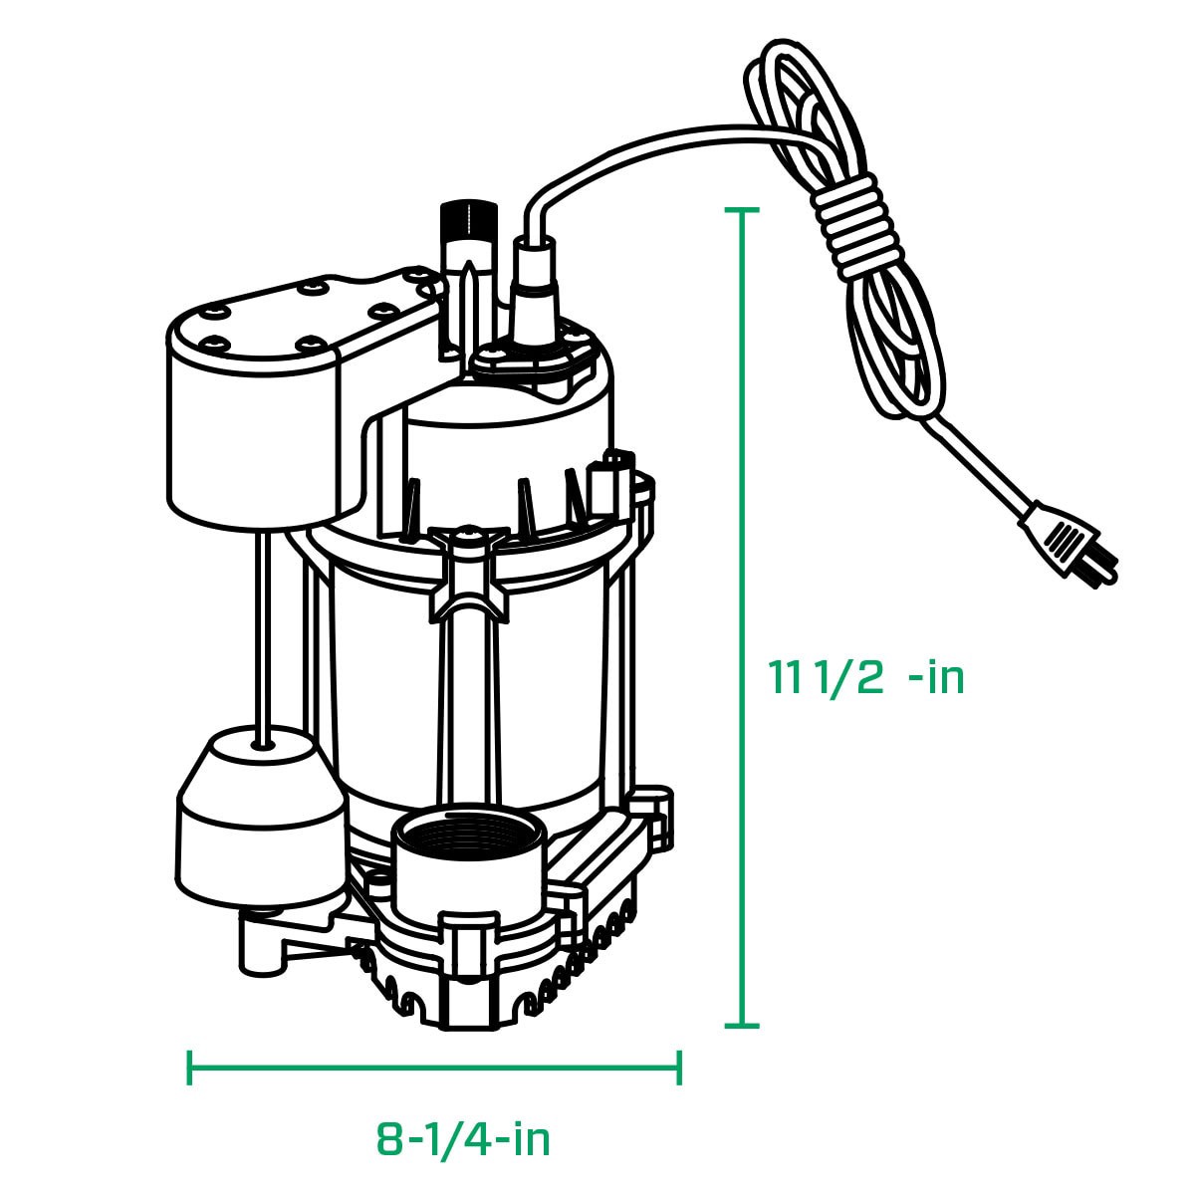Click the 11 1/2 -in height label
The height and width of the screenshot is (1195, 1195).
point(865,677)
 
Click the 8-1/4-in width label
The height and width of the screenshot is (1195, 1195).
point(463,1139)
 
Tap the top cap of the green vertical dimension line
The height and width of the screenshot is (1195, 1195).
point(742,210)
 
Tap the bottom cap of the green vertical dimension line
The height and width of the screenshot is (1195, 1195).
point(742,1025)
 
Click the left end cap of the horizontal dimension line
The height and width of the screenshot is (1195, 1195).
point(189,1069)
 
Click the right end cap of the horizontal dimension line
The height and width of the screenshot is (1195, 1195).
point(679,1069)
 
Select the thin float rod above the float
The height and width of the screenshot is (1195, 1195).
point(260,627)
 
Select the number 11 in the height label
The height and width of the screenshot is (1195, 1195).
point(784,677)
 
